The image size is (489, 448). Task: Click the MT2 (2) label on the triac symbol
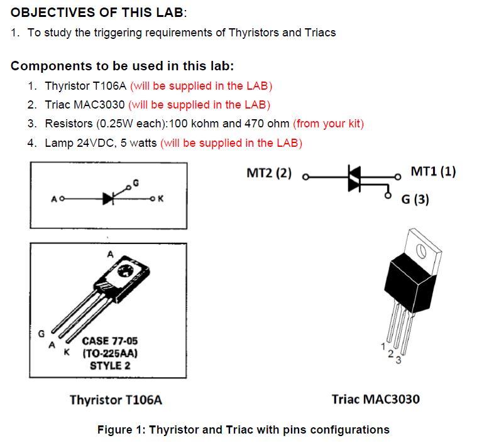click(269, 173)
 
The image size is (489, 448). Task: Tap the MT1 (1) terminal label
click(433, 171)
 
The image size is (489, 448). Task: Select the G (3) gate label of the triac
click(415, 199)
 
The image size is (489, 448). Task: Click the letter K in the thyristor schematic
click(161, 199)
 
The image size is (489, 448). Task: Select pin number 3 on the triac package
click(398, 360)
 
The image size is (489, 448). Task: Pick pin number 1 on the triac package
click(383, 346)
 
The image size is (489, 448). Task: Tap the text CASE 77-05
click(110, 341)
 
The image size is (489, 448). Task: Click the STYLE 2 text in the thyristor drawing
click(110, 365)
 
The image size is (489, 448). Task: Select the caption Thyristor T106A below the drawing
click(116, 400)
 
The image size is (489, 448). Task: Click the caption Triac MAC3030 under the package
click(376, 399)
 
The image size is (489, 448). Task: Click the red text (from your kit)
click(328, 124)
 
